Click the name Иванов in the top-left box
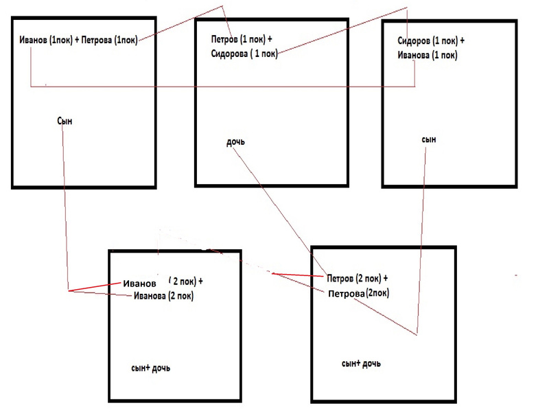pyautogui.click(x=34, y=41)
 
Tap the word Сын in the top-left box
pyautogui.click(x=65, y=121)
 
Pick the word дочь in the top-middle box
pyautogui.click(x=235, y=142)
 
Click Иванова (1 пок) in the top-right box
pyautogui.click(x=427, y=54)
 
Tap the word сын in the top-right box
pyautogui.click(x=429, y=139)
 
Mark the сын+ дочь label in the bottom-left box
pyautogui.click(x=150, y=368)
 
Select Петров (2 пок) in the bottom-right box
pyautogui.click(x=353, y=278)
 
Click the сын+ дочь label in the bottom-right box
pyautogui.click(x=361, y=363)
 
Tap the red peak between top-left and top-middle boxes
pyautogui.click(x=223, y=7)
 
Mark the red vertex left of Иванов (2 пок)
pyautogui.click(x=69, y=290)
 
